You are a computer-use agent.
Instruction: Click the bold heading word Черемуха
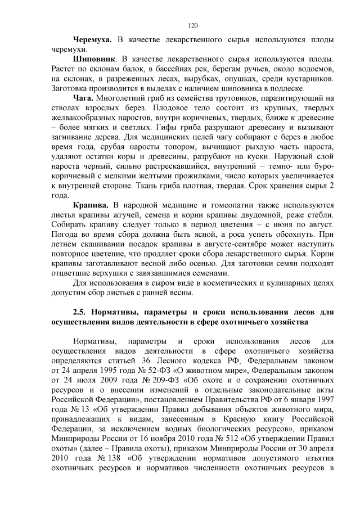click(92, 40)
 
